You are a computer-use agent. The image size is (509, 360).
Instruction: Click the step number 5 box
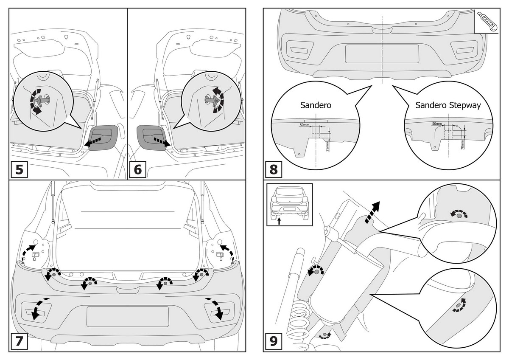pyautogui.click(x=20, y=169)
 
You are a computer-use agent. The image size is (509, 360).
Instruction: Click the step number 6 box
pyautogui.click(x=137, y=169)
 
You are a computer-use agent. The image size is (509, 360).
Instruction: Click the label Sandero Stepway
pyautogui.click(x=448, y=105)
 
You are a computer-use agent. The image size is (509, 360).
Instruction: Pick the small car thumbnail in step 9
pyautogui.click(x=289, y=204)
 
